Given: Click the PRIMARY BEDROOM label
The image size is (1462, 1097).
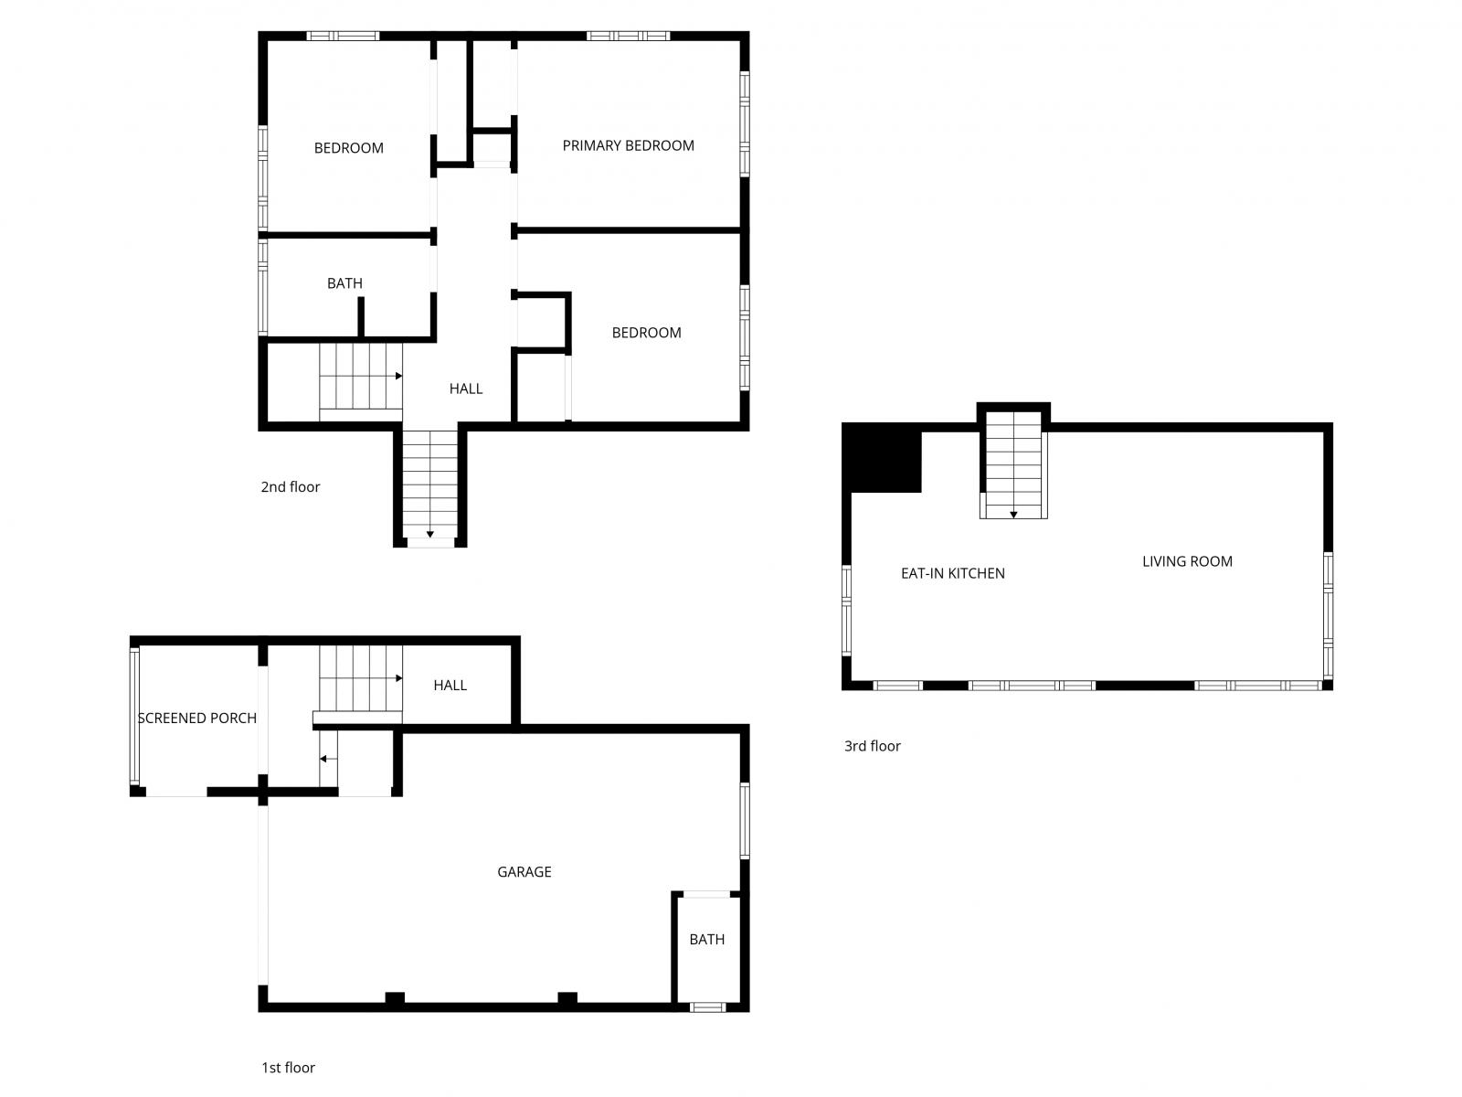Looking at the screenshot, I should [x=628, y=145].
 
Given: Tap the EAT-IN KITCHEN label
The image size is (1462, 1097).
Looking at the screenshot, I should [x=952, y=573].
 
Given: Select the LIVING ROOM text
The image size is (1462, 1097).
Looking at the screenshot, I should [x=1187, y=561].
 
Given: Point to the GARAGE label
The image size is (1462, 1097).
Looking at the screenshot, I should [x=524, y=872].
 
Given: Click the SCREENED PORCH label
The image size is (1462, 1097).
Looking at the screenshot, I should [x=196, y=719].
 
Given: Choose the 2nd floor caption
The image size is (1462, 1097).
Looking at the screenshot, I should [x=291, y=487].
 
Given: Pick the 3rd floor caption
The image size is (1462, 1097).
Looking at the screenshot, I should [x=872, y=746].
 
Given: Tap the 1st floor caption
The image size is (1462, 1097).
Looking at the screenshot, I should [x=288, y=1068].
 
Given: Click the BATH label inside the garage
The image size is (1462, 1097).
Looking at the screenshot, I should [x=706, y=940].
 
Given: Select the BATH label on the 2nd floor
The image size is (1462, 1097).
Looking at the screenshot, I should [x=344, y=283].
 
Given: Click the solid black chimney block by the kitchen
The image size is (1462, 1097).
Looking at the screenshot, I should [x=881, y=460].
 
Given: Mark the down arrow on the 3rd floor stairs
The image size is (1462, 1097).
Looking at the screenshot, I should [x=1013, y=515].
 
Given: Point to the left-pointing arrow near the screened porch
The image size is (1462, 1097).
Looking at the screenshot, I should [x=323, y=759].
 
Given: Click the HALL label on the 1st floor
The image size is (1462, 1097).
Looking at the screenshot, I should [x=450, y=686].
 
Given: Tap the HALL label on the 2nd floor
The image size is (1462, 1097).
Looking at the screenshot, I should [x=465, y=389].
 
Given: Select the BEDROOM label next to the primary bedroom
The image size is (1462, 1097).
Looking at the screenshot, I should [x=348, y=148].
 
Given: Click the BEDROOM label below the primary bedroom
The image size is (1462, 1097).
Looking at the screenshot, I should [x=646, y=333].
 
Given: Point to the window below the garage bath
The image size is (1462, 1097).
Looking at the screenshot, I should [x=706, y=1006].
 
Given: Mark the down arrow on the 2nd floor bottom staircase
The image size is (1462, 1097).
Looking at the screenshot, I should [x=429, y=534].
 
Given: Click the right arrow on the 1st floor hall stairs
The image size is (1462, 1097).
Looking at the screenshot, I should [x=398, y=678].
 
